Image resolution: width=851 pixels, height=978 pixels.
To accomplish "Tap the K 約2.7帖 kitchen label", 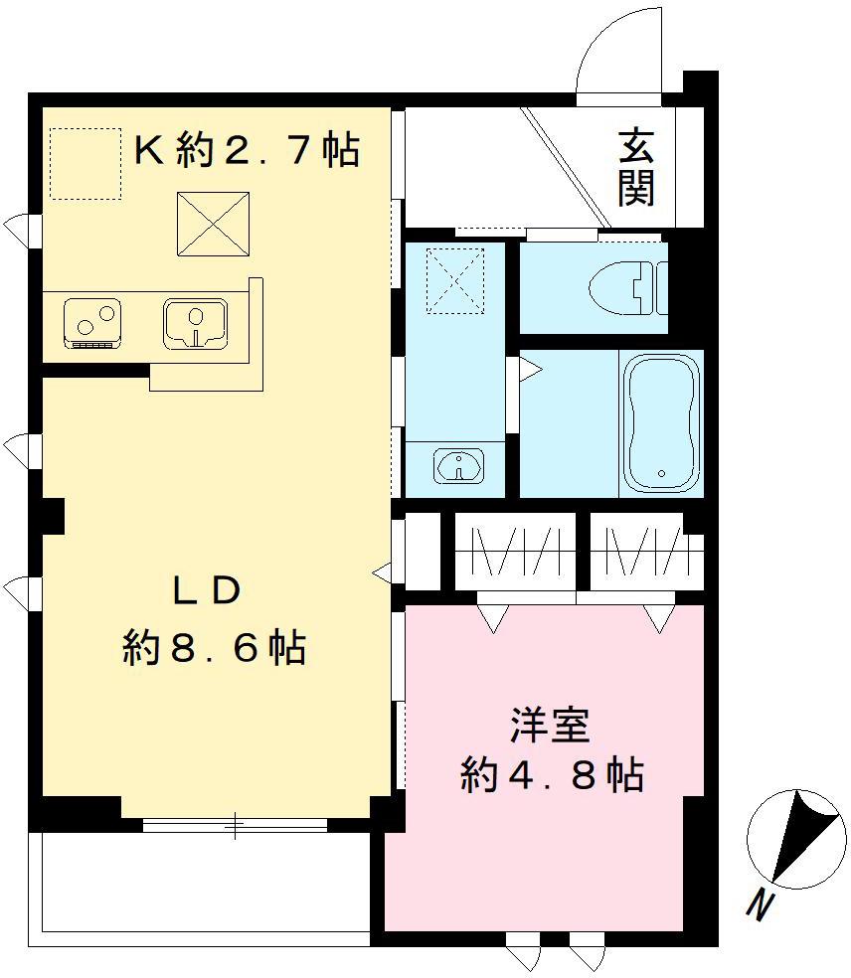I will click(247, 150).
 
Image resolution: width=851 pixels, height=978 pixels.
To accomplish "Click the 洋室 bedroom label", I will click(550, 726).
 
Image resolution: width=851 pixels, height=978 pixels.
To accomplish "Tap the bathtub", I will click(663, 421).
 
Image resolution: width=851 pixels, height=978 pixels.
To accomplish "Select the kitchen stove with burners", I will click(92, 323).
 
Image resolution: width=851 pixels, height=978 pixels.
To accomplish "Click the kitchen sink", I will click(195, 323).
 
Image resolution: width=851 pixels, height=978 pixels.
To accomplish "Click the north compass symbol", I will click(794, 838).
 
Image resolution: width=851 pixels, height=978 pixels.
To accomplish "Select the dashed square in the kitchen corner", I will click(84, 164).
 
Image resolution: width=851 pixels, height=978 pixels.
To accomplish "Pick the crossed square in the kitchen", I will click(213, 223).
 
